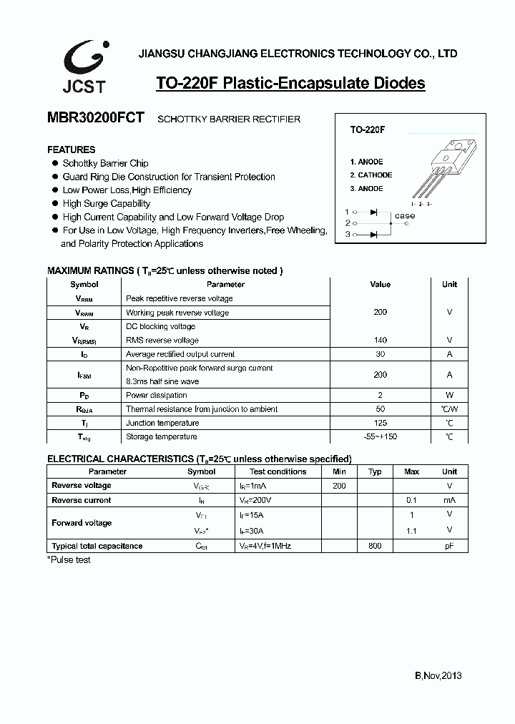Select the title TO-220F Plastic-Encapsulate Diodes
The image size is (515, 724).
click(x=290, y=84)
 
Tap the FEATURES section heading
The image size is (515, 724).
click(x=71, y=150)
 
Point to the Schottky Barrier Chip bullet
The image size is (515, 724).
click(x=105, y=163)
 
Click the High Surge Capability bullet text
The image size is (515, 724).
click(x=106, y=204)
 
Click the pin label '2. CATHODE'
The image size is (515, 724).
click(x=371, y=175)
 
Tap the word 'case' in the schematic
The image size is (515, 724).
click(x=404, y=216)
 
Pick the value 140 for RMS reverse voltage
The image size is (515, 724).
click(x=380, y=341)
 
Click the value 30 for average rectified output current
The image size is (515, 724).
click(x=380, y=354)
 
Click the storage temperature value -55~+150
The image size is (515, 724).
click(x=380, y=437)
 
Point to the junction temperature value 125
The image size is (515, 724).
click(x=380, y=424)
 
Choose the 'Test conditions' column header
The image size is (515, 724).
click(x=278, y=472)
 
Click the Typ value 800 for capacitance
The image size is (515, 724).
click(x=375, y=547)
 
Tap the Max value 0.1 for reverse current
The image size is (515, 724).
click(x=411, y=501)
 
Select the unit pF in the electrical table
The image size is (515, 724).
click(x=449, y=547)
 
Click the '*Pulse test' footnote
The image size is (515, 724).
click(x=69, y=560)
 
